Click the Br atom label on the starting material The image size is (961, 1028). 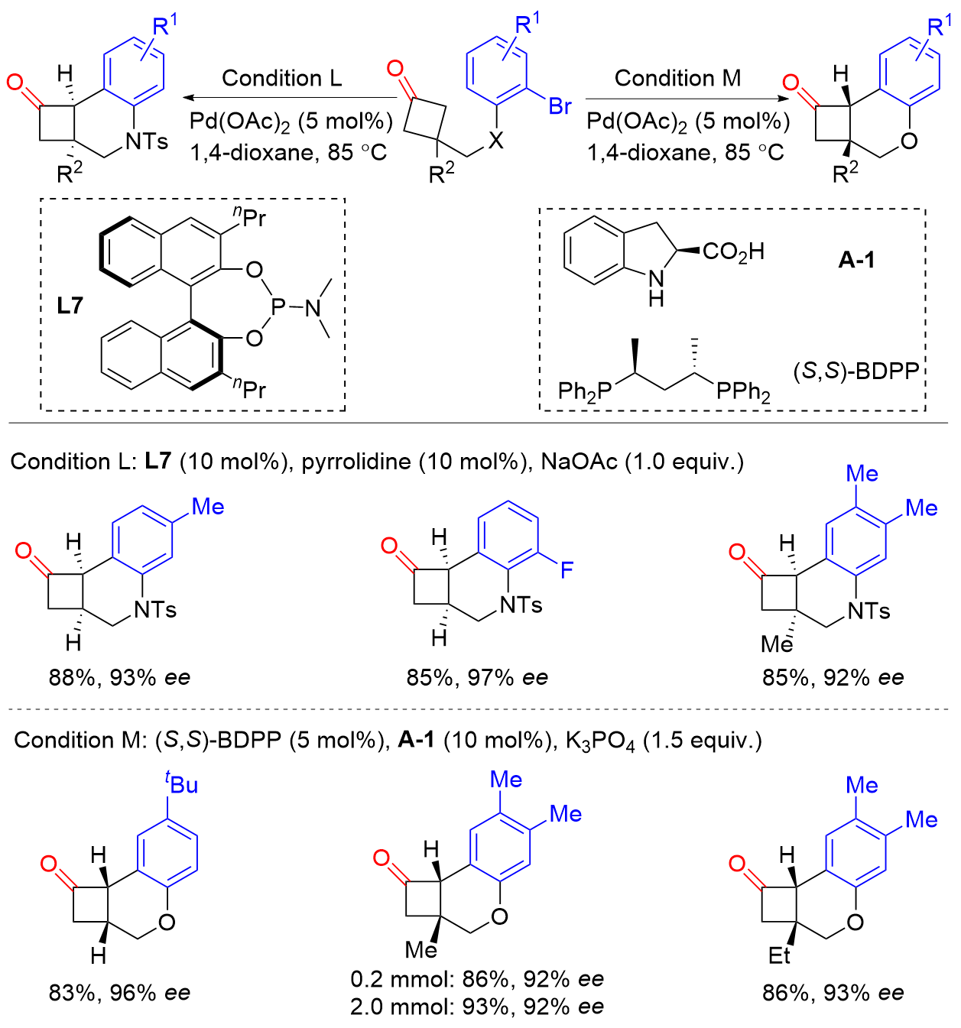(560, 106)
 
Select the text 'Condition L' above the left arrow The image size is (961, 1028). (282, 78)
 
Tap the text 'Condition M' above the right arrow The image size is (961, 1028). (677, 78)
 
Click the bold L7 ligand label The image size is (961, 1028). (70, 306)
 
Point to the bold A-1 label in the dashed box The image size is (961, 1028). (856, 260)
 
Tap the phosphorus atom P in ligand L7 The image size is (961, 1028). (278, 307)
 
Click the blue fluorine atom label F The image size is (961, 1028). (567, 569)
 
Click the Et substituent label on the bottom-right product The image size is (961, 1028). (779, 955)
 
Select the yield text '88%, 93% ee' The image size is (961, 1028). (119, 677)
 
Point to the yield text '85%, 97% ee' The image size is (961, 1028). (477, 677)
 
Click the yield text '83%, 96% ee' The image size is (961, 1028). (119, 993)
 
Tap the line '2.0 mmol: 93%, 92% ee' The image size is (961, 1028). (477, 1007)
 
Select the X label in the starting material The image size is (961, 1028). (496, 141)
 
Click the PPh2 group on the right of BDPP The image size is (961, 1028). (743, 392)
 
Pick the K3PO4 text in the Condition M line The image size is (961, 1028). (600, 741)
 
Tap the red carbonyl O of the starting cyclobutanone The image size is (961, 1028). (394, 69)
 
